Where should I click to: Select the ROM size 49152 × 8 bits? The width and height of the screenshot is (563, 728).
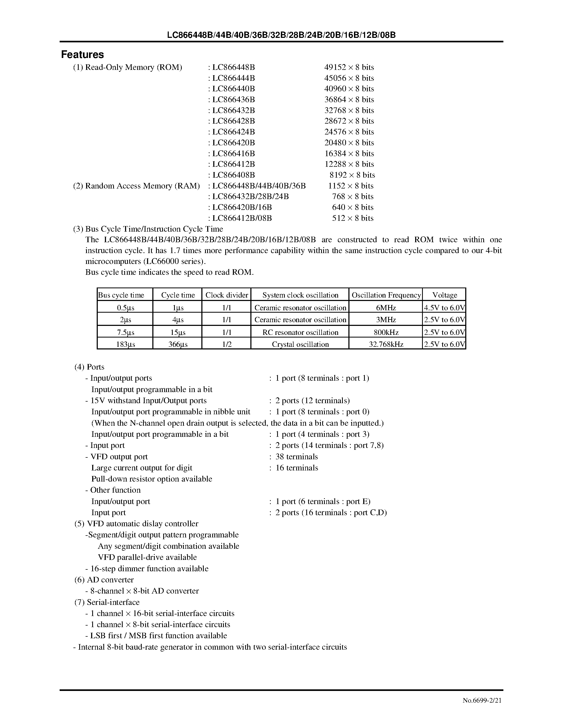pyautogui.click(x=349, y=67)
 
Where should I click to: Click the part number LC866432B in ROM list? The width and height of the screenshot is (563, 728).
pyautogui.click(x=233, y=110)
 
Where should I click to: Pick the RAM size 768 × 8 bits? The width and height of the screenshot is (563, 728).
pyautogui.click(x=353, y=196)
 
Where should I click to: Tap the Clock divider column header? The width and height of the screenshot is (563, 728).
pyautogui.click(x=227, y=295)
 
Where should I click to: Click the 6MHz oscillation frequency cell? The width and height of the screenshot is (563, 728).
pyautogui.click(x=385, y=308)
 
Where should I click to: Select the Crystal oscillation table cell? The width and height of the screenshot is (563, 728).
pyautogui.click(x=300, y=344)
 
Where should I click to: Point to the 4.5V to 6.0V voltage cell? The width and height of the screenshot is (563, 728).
pyautogui.click(x=444, y=308)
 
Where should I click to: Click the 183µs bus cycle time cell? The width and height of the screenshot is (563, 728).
pyautogui.click(x=125, y=344)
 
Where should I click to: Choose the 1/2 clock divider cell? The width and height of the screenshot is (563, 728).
pyautogui.click(x=227, y=344)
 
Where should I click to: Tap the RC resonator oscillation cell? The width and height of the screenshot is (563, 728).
pyautogui.click(x=300, y=332)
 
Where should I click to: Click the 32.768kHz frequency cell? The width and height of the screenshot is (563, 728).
pyautogui.click(x=385, y=344)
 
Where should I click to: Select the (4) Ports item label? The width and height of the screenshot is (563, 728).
pyautogui.click(x=89, y=367)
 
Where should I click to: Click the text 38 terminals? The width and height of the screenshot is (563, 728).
pyautogui.click(x=296, y=457)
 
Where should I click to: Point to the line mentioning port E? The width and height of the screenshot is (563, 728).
pyautogui.click(x=322, y=501)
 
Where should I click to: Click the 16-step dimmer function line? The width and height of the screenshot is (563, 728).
pyautogui.click(x=147, y=569)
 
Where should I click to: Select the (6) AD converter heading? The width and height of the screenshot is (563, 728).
pyautogui.click(x=104, y=580)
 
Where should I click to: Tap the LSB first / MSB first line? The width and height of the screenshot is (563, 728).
pyautogui.click(x=156, y=636)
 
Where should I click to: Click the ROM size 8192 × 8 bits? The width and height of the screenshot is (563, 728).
pyautogui.click(x=352, y=175)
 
